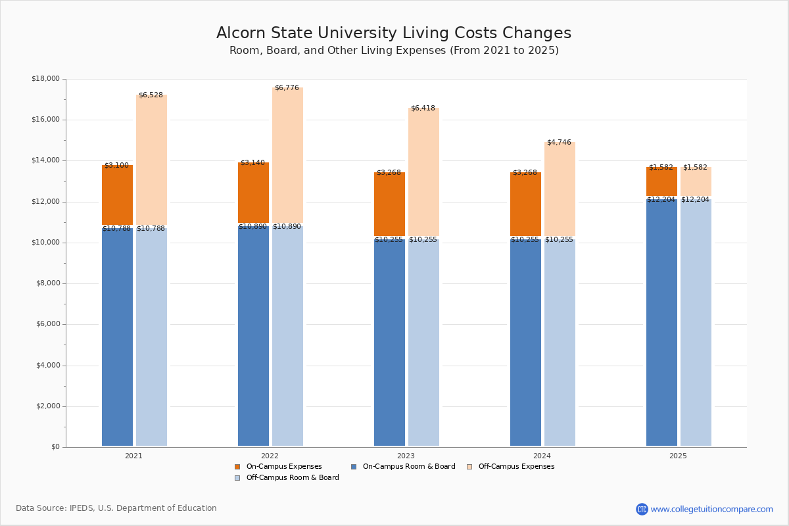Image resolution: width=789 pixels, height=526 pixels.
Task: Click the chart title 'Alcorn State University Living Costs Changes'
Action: pyautogui.click(x=393, y=34)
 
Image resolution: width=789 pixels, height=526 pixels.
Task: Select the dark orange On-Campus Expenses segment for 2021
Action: pyautogui.click(x=117, y=195)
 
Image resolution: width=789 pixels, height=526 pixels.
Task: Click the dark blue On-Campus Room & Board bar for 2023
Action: pyautogui.click(x=389, y=342)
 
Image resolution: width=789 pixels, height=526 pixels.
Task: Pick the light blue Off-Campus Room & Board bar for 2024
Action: pyautogui.click(x=560, y=342)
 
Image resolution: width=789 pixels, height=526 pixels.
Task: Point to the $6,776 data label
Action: pyautogui.click(x=287, y=88)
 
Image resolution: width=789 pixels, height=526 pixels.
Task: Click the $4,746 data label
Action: pyautogui.click(x=559, y=143)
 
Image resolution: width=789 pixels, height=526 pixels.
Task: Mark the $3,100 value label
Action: pyautogui.click(x=116, y=166)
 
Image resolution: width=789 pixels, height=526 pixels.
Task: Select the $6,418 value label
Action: pyautogui.click(x=423, y=108)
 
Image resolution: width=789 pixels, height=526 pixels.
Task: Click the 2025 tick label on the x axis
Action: pyautogui.click(x=678, y=456)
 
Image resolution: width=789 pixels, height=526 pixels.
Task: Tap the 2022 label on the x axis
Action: pyautogui.click(x=270, y=456)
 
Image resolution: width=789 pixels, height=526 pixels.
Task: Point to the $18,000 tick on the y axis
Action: pyautogui.click(x=45, y=79)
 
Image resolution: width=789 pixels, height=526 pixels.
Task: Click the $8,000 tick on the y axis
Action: pyautogui.click(x=47, y=283)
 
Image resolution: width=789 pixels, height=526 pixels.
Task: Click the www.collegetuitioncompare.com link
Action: pyautogui.click(x=711, y=509)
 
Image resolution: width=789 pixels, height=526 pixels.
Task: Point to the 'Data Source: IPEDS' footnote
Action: pyautogui.click(x=116, y=508)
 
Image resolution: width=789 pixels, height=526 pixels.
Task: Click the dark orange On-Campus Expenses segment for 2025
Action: pyautogui.click(x=661, y=181)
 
